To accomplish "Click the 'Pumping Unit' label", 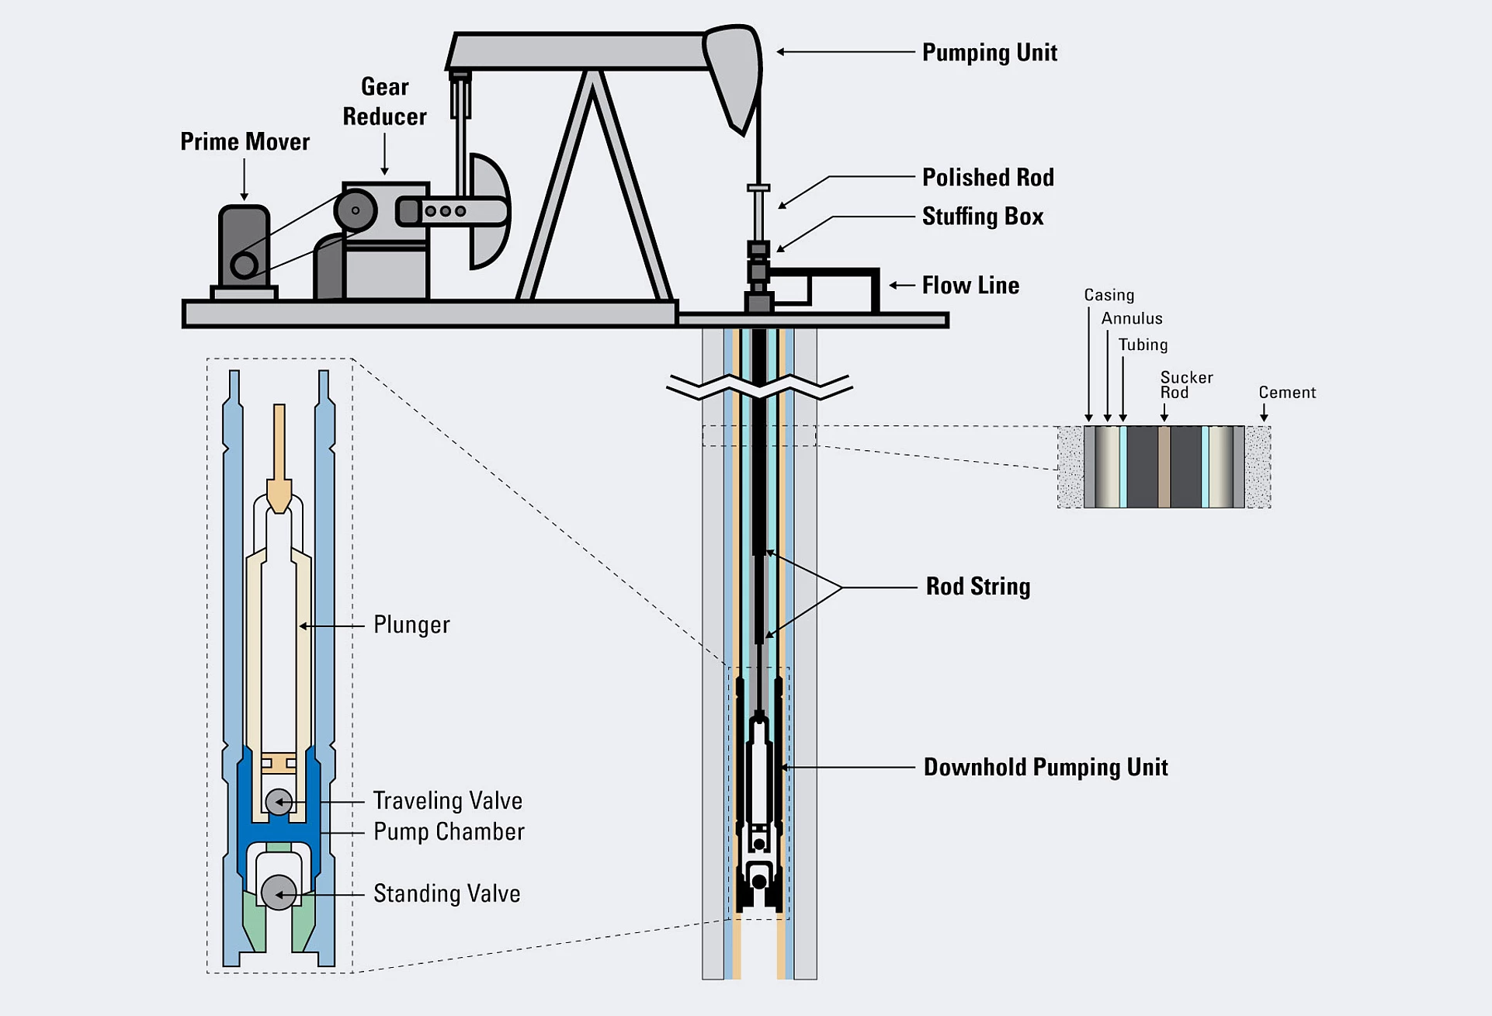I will [x=989, y=53].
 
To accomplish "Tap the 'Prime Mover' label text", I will [x=245, y=142].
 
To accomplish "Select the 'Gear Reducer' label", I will [x=384, y=102].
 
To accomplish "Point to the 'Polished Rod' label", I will [x=987, y=178].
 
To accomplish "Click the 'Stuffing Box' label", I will [x=982, y=217].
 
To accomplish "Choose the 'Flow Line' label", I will [x=970, y=286].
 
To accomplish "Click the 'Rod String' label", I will [x=977, y=587].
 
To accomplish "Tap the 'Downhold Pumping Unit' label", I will [x=1045, y=768].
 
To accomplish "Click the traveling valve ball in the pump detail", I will [x=279, y=802].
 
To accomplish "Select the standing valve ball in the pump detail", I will [x=278, y=893].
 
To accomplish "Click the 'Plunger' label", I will [x=411, y=625].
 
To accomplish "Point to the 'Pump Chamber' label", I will [x=449, y=832].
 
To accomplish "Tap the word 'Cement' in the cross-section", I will [x=1287, y=393].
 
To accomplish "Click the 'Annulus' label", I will [x=1132, y=319].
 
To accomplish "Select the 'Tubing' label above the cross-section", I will [x=1143, y=345].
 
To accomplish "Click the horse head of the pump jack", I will [x=734, y=70].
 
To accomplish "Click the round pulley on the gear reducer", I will [x=356, y=210].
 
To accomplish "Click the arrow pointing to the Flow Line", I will [x=900, y=286].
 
